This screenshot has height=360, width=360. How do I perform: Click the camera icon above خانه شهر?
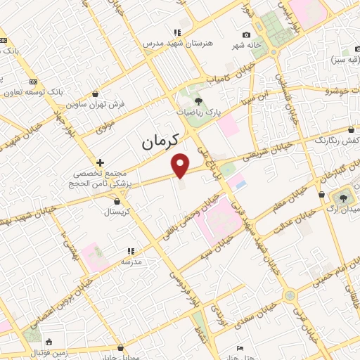(246, 35)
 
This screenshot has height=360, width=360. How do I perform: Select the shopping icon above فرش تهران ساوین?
(95, 93)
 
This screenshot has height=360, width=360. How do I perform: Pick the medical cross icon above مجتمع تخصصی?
(101, 162)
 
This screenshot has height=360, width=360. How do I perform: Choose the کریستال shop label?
(112, 211)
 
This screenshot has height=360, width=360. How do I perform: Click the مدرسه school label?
(131, 261)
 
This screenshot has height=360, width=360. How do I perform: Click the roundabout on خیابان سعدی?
(290, 295)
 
